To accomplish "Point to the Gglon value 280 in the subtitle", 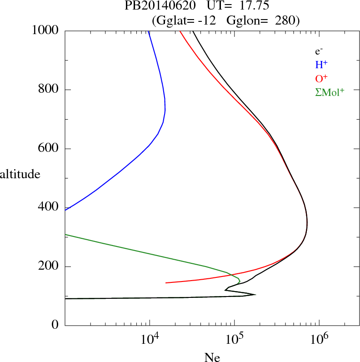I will pyautogui.click(x=285, y=20).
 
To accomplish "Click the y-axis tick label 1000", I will pyautogui.click(x=45, y=30).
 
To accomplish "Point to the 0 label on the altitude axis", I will pyautogui.click(x=56, y=325).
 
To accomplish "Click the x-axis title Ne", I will pyautogui.click(x=212, y=357).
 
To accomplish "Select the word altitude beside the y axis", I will pyautogui.click(x=20, y=174).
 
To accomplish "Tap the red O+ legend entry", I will pyautogui.click(x=321, y=78).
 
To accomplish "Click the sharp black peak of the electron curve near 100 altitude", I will pyautogui.click(x=255, y=294).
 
